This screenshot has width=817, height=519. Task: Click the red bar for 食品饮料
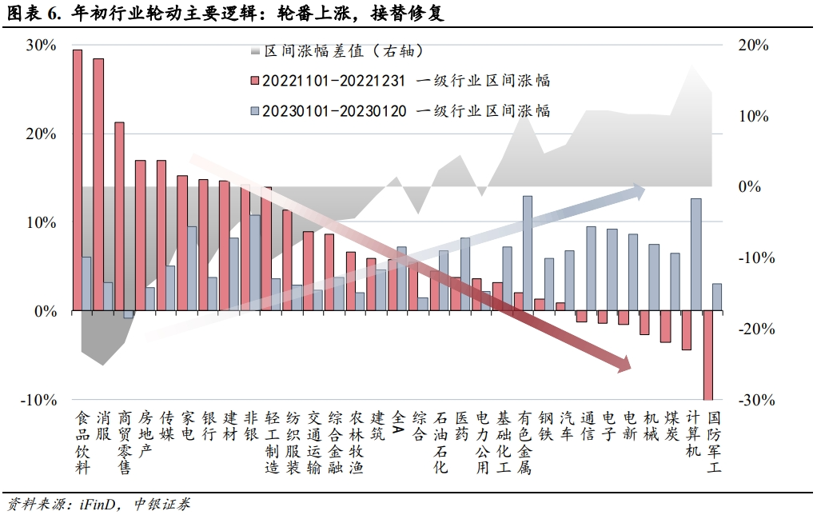pos(77,180)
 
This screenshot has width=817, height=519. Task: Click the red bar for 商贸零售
pos(119,216)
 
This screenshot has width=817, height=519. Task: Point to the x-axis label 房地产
pos(145,434)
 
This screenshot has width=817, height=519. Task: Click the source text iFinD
pos(96,505)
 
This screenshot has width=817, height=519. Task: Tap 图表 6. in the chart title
pos(32,14)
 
